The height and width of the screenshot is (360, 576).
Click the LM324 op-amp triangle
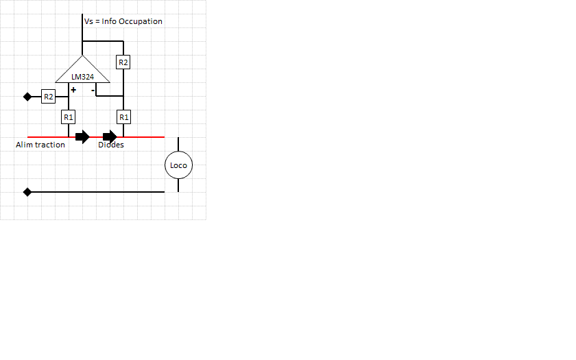click(82, 72)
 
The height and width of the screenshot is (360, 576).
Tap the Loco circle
click(178, 165)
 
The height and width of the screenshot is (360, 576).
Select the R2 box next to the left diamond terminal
click(48, 97)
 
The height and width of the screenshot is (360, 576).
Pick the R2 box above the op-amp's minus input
click(123, 62)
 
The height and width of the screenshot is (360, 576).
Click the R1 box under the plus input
click(69, 117)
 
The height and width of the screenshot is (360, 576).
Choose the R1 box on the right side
click(123, 117)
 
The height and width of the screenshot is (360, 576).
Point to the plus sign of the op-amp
click(73, 90)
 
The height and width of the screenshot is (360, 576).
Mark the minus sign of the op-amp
click(93, 90)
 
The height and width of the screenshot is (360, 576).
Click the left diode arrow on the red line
click(82, 137)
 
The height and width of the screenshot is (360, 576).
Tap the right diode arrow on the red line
click(110, 137)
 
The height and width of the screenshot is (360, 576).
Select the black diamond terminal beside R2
click(27, 97)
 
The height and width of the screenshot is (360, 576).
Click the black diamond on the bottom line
click(27, 192)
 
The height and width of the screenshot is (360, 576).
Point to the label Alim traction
click(40, 145)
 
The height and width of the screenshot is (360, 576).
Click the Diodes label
click(111, 145)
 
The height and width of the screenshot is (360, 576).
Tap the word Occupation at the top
click(141, 21)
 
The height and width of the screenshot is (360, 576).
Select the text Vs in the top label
click(88, 21)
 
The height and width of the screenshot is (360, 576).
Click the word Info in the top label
click(109, 21)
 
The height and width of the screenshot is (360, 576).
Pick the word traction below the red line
click(50, 145)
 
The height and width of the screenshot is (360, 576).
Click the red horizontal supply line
click(144, 137)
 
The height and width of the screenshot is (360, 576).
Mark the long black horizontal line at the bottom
click(96, 192)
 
